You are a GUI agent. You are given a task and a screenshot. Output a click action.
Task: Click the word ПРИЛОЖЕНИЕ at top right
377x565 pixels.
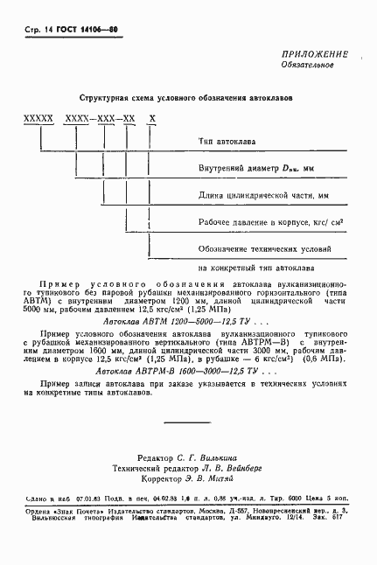click(315, 54)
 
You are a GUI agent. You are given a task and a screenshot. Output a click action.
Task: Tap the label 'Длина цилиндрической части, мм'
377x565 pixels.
click(263, 195)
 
